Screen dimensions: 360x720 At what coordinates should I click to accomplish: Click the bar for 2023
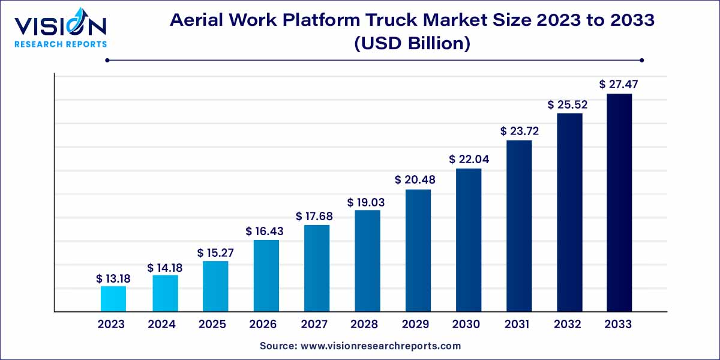pos(113,299)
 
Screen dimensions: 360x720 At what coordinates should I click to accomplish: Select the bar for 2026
pos(266,275)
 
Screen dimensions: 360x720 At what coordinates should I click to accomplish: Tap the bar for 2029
pos(418,250)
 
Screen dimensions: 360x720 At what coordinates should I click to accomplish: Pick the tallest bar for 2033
pos(619,202)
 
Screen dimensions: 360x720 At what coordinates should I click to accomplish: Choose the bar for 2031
pos(520,226)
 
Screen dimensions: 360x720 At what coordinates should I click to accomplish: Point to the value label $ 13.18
pos(113,278)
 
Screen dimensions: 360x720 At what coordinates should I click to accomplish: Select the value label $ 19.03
pos(366,203)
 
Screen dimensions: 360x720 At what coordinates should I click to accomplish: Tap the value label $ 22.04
pos(468,160)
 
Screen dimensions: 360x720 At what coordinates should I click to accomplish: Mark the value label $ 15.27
pos(215,253)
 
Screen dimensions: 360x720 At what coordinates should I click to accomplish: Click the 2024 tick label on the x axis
pos(162,325)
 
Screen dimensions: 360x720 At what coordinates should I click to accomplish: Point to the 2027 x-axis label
pos(314,325)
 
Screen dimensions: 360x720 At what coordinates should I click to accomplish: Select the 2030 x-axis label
pos(466,325)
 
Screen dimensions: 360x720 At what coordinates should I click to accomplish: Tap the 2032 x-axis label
pos(568,325)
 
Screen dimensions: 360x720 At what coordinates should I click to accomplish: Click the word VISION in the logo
pos(60,26)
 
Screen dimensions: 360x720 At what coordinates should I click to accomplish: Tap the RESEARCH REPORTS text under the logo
pos(60,44)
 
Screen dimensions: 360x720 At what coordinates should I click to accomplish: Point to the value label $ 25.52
pos(567,104)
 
